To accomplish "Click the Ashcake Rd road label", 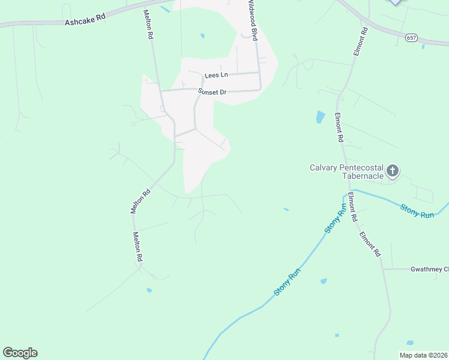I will pyautogui.click(x=85, y=19).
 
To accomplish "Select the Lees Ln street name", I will pyautogui.click(x=217, y=75).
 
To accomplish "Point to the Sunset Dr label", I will pyautogui.click(x=212, y=92).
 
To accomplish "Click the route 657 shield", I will pyautogui.click(x=411, y=37).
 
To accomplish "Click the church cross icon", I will pyautogui.click(x=392, y=172).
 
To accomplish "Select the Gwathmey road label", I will pyautogui.click(x=429, y=269).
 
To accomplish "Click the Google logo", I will pyautogui.click(x=20, y=352).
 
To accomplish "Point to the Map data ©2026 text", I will pyautogui.click(x=423, y=355).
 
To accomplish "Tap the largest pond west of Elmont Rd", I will pyautogui.click(x=320, y=117).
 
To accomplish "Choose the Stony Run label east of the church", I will pyautogui.click(x=418, y=211).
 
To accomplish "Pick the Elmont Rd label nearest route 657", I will pyautogui.click(x=360, y=42).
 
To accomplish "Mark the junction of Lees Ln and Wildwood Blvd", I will pyautogui.click(x=259, y=73).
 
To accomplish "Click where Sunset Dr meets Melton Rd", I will pyautogui.click(x=160, y=92).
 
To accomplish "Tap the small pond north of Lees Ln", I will pyautogui.click(x=202, y=36).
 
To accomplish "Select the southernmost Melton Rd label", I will pyautogui.click(x=137, y=246).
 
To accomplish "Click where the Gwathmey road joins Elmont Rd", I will pyautogui.click(x=384, y=269).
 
